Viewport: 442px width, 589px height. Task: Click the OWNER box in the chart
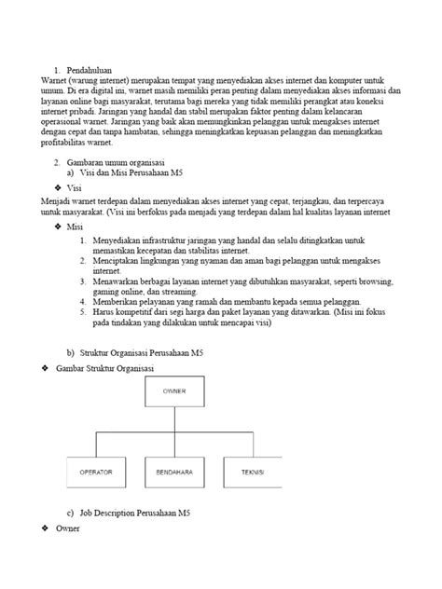click(175, 391)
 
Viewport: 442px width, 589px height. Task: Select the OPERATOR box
click(96, 473)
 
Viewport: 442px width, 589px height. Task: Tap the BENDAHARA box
click(174, 473)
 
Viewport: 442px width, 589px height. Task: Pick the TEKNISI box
click(253, 473)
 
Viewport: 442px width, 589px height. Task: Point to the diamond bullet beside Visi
click(58, 186)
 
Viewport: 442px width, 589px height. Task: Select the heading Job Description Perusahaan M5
click(135, 514)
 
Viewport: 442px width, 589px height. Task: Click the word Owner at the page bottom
click(68, 529)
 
